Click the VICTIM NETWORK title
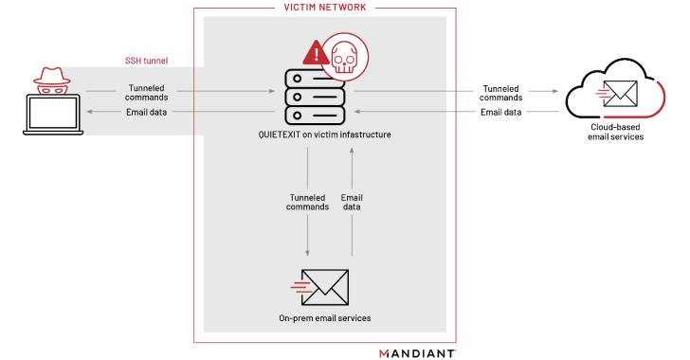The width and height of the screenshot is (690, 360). click(x=324, y=8)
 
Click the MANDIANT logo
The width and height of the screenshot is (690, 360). click(x=417, y=352)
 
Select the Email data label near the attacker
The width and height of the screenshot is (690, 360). click(x=150, y=113)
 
